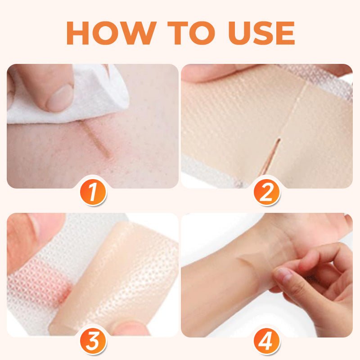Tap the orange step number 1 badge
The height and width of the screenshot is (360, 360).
(x=93, y=192)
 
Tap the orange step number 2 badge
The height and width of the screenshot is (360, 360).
(x=267, y=192)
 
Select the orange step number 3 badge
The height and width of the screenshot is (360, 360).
(x=93, y=341)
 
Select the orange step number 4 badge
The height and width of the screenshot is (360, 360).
(x=267, y=341)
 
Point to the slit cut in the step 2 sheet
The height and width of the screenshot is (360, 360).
(x=272, y=155)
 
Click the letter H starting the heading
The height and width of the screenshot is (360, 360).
(x=79, y=33)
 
